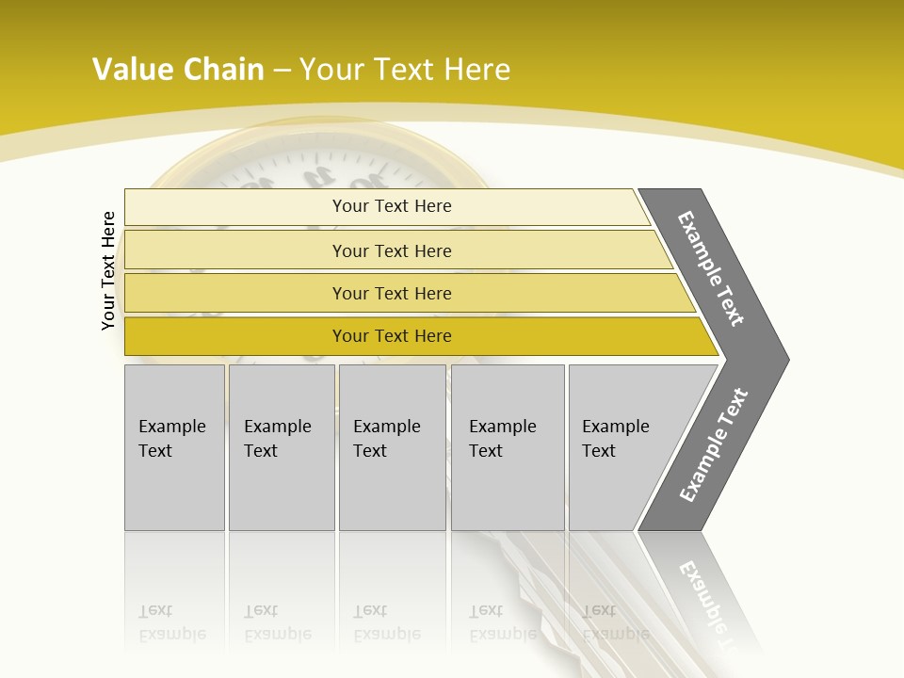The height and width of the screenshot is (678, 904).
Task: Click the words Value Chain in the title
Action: tap(178, 69)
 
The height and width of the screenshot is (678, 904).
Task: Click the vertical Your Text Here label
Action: tap(108, 270)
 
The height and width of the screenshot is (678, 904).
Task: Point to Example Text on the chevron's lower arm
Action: tap(713, 444)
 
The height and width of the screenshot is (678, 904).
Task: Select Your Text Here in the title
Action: tap(405, 69)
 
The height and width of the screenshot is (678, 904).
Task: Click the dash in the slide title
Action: tap(281, 70)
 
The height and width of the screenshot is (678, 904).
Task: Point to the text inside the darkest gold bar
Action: tap(392, 336)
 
